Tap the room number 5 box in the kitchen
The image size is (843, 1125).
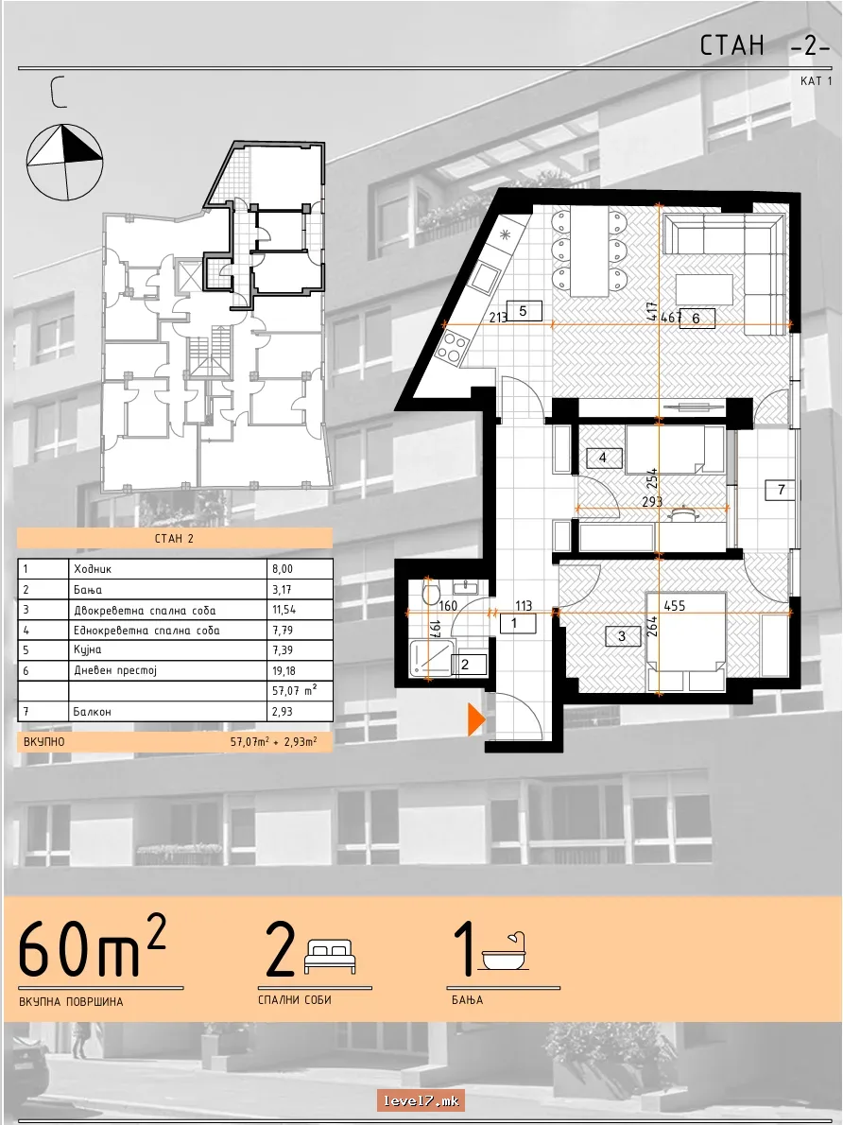[523, 311]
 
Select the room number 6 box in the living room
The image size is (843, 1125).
[696, 318]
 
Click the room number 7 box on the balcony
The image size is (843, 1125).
[782, 490]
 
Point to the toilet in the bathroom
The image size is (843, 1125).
[430, 594]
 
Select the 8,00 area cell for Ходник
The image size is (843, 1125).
[282, 569]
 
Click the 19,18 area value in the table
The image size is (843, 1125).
[284, 671]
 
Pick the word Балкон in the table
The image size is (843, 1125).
[92, 712]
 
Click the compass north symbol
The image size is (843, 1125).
[64, 163]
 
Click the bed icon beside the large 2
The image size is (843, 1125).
[331, 957]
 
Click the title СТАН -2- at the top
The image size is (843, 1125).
[765, 45]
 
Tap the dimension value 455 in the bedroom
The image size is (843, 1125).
[675, 606]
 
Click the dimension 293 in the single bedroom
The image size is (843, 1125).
[652, 501]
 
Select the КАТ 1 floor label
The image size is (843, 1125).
[817, 81]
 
